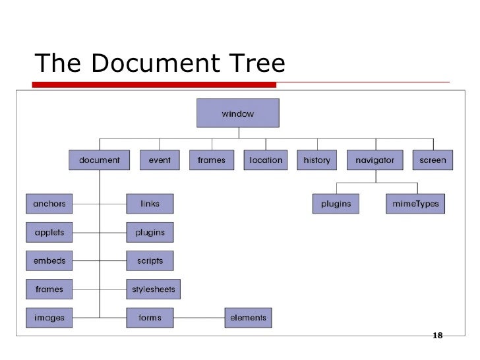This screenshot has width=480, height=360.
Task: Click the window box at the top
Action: point(237,113)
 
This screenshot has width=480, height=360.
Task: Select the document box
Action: point(100,160)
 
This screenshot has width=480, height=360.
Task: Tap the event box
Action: point(160,160)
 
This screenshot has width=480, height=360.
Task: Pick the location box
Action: point(266,160)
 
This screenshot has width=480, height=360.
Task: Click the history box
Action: point(316,160)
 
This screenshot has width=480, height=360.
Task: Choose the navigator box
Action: point(375,160)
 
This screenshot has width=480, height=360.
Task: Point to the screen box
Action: point(433,160)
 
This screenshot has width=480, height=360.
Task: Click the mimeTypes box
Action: point(415,204)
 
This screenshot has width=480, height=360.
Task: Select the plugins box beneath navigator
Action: point(336,204)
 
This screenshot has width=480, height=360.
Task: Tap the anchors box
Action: point(49,204)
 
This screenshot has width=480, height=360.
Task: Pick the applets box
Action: point(49,233)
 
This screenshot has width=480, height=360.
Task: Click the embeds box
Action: point(49,261)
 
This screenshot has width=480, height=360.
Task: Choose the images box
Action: point(49,318)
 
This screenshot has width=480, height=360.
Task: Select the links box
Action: point(150,204)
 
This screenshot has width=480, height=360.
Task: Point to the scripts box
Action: point(150,261)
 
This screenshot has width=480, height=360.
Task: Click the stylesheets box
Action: point(152,289)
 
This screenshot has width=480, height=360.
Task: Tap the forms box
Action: point(150,318)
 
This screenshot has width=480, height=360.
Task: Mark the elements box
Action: point(248,318)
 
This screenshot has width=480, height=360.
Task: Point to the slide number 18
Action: point(436,336)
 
